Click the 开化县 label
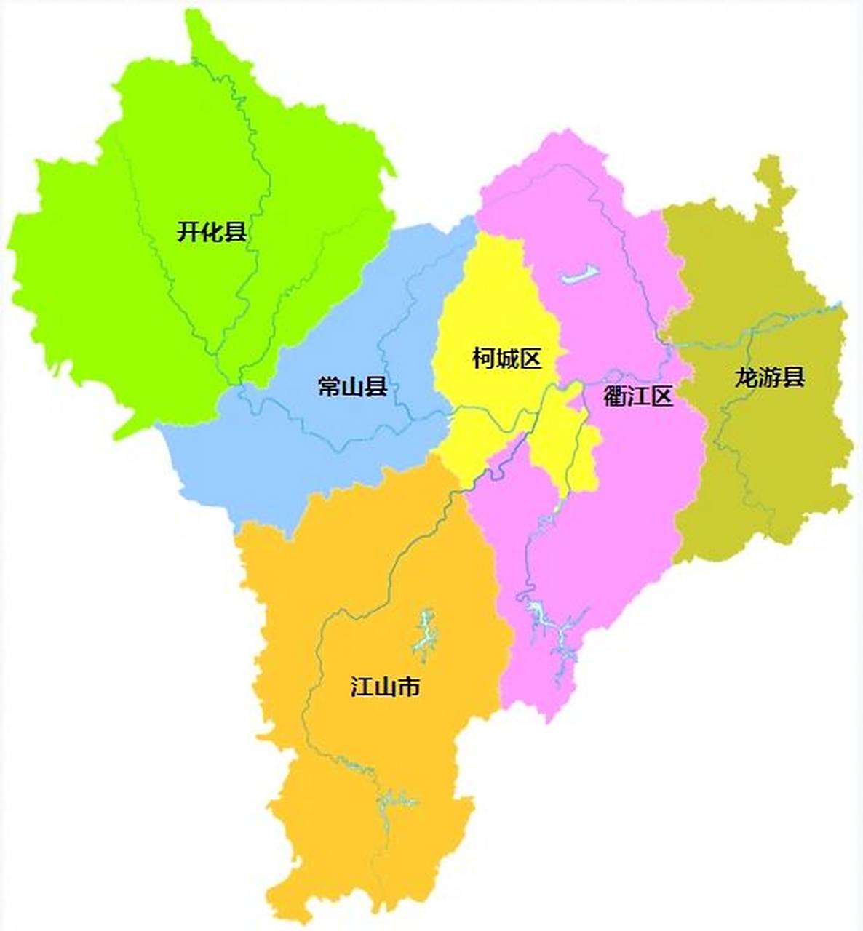click(x=211, y=233)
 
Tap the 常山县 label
click(x=352, y=386)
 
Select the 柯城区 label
click(x=506, y=358)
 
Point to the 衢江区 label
click(x=638, y=396)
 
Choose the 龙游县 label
click(x=769, y=377)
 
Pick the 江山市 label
click(x=385, y=687)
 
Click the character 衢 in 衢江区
click(x=615, y=396)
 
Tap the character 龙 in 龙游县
click(x=746, y=377)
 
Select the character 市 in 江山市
click(x=408, y=687)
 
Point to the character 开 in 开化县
click(x=188, y=233)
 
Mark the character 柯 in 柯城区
click(x=483, y=358)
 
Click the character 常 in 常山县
click(x=329, y=386)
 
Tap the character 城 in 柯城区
click(x=506, y=358)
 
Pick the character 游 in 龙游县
click(x=769, y=377)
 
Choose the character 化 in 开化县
click(x=211, y=233)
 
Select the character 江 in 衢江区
click(x=638, y=396)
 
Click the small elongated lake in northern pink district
click(x=579, y=275)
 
